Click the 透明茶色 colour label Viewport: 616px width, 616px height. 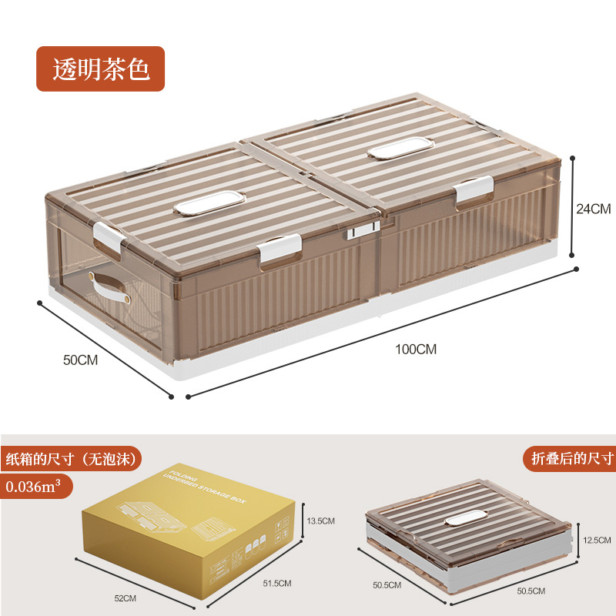(x=100, y=69)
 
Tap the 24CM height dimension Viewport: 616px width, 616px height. (x=593, y=208)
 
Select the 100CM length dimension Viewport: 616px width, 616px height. (x=416, y=349)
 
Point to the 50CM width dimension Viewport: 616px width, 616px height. (x=80, y=360)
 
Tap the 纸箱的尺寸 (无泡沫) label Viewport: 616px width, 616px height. (x=72, y=460)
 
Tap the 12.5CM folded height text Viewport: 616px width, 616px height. (x=597, y=539)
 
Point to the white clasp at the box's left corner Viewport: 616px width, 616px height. (x=108, y=236)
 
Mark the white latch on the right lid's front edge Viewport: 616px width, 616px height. (x=473, y=191)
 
